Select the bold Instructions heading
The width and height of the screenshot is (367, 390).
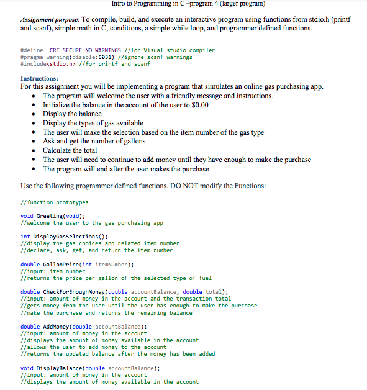(x=40, y=78)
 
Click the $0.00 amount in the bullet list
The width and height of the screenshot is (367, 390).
(x=196, y=105)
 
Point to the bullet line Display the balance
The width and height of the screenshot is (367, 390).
(x=72, y=114)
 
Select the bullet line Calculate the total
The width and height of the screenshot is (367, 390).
(x=70, y=151)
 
